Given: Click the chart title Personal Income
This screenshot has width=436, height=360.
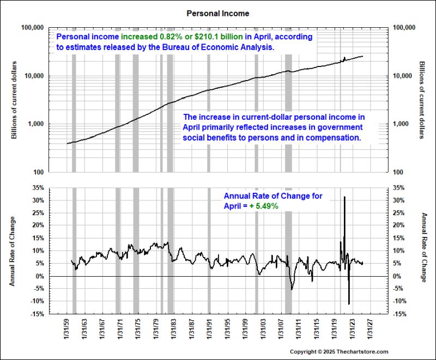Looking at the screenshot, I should click(218, 12).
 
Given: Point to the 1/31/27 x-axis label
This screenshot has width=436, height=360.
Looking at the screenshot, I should click(368, 329).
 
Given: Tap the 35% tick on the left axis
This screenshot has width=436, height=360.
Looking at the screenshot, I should click(38, 187).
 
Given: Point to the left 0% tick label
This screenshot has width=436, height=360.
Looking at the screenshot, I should click(40, 276).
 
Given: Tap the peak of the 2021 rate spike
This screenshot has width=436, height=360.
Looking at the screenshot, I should click(344, 197).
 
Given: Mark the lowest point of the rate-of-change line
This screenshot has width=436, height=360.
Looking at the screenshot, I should click(349, 304).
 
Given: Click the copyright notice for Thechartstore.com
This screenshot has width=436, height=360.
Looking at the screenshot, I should click(338, 352).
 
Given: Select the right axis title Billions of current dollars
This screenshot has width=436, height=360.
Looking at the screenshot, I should click(422, 100).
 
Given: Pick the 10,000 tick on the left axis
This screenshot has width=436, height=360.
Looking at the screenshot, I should click(33, 76).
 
